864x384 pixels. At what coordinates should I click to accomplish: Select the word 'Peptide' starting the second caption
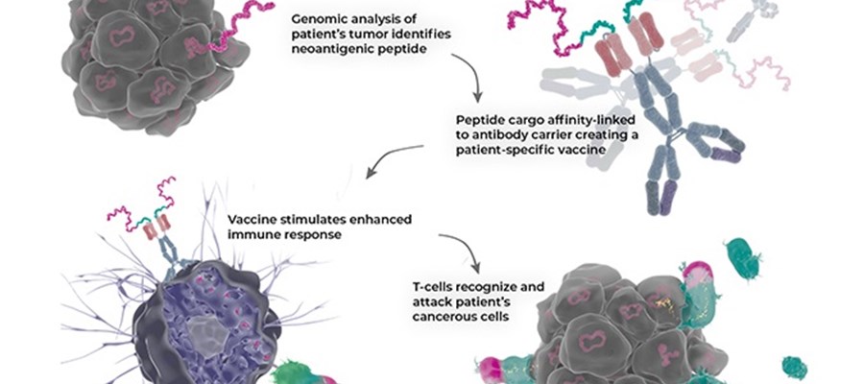coord(479,120)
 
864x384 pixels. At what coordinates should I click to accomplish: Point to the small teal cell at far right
coord(794,368)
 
